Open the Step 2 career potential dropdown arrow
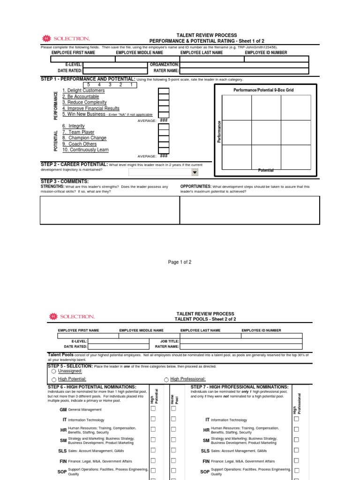pyautogui.click(x=195, y=172)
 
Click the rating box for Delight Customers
pyautogui.click(x=164, y=91)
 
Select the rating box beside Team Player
pyautogui.click(x=164, y=133)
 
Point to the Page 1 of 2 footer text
pyautogui.click(x=180, y=262)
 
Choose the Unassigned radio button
pyautogui.click(x=54, y=371)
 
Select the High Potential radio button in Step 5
pyautogui.click(x=54, y=379)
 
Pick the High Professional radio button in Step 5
pyautogui.click(x=166, y=379)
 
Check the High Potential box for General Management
pyautogui.click(x=153, y=409)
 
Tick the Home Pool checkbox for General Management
pyautogui.click(x=173, y=409)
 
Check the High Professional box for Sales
pyautogui.click(x=296, y=450)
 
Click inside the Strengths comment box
pyautogui.click(x=110, y=210)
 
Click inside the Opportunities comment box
pyautogui.click(x=249, y=210)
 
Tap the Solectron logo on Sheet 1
pyautogui.click(x=66, y=38)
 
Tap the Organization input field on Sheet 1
pyautogui.click(x=244, y=65)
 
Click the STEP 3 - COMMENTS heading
pyautogui.click(x=65, y=181)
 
